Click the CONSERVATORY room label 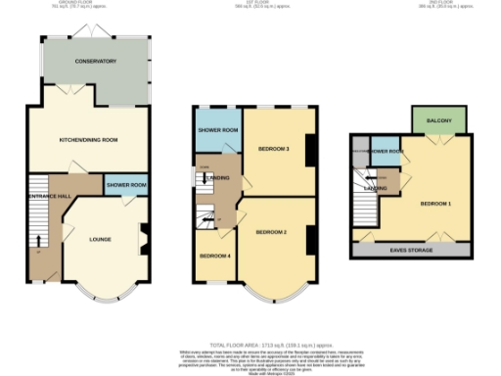(96, 62)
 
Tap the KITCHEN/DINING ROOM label (88, 140)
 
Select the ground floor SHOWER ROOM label (126, 185)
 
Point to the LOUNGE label (100, 239)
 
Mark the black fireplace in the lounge (144, 236)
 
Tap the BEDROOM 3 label (274, 149)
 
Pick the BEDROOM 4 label (213, 256)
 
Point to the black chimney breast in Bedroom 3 (310, 150)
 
